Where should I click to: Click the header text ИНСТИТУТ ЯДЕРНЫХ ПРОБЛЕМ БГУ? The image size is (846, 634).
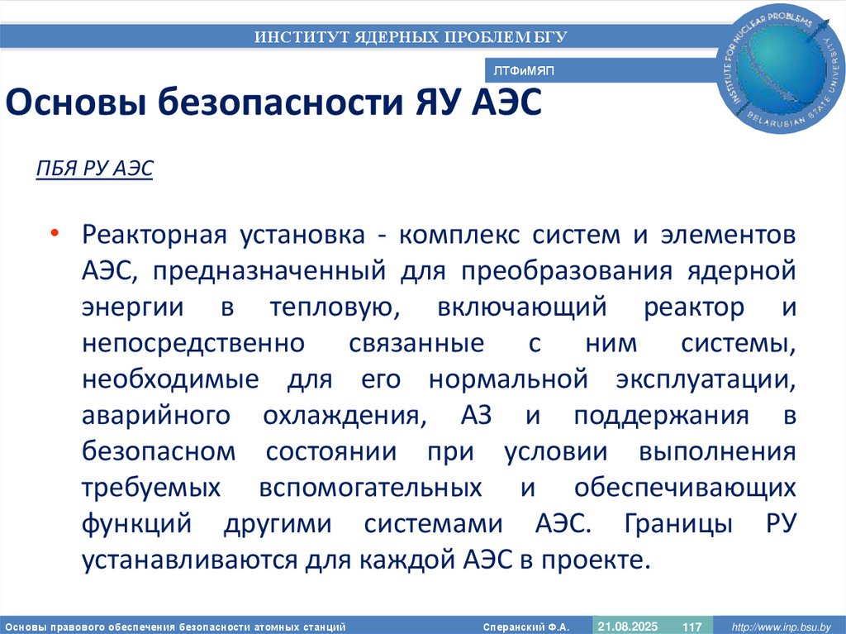coord(411,36)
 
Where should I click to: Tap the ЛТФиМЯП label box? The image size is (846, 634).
coord(523,71)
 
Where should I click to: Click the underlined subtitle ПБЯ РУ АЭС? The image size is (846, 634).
coord(94,169)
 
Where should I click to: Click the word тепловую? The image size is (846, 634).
coord(328,307)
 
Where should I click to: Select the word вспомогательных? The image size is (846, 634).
coord(370,487)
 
